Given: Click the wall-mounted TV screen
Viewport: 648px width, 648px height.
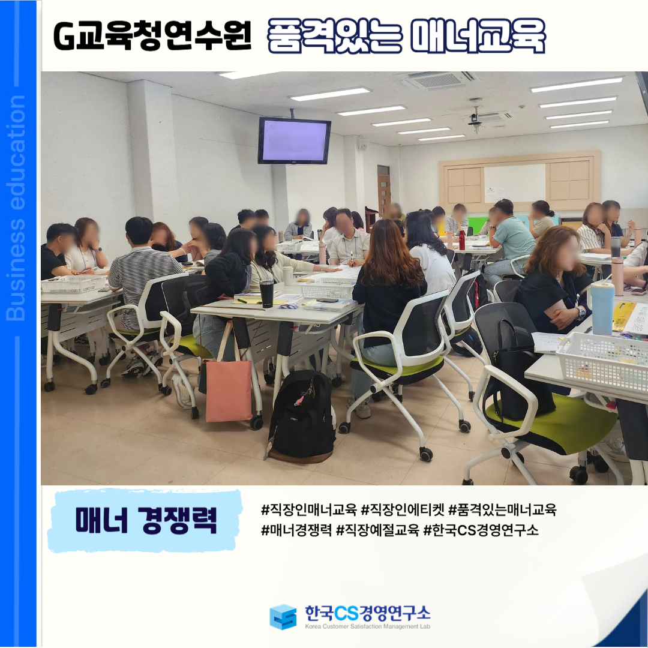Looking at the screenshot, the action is point(294,140).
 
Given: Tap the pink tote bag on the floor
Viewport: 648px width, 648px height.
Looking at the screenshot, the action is point(229,391).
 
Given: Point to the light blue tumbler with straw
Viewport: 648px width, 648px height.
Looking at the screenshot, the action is point(602,307).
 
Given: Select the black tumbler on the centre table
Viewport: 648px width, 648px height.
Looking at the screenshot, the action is point(266,293).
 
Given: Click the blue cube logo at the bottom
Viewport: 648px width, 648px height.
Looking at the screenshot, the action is point(283,617).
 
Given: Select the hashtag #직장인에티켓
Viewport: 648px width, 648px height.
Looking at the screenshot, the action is point(403,510).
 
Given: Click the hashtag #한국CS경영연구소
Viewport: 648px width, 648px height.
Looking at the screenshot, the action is point(481,530).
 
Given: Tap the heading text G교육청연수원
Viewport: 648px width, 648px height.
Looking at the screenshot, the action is point(152,37).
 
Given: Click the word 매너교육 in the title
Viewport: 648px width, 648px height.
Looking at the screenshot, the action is point(478,37).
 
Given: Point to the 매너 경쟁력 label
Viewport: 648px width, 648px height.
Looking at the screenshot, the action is point(146,520).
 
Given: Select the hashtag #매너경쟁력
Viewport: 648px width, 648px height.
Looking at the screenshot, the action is point(296,530).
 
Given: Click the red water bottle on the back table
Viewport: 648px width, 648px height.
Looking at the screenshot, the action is point(461,239).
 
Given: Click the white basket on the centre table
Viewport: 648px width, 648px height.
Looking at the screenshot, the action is point(327,289).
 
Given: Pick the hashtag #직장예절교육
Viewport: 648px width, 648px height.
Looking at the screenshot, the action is point(378,530).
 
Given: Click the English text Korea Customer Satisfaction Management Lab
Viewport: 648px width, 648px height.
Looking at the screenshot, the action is point(367,626).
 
